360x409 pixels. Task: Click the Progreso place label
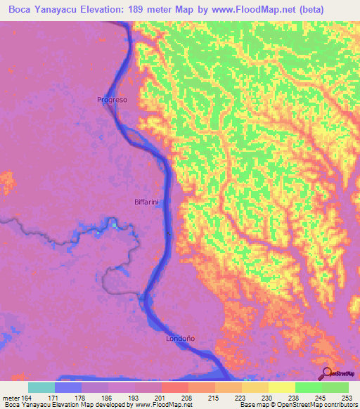[x=112, y=100]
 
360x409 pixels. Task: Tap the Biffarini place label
[x=147, y=202]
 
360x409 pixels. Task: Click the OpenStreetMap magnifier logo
[x=328, y=374]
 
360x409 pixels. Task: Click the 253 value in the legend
[x=348, y=398]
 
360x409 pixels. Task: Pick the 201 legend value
[x=161, y=398]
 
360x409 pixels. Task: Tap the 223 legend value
[x=241, y=398]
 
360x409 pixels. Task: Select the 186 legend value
[x=108, y=398]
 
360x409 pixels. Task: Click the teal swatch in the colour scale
[x=41, y=387]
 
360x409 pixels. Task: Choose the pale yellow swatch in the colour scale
[x=281, y=387]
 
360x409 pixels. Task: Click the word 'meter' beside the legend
[x=11, y=398]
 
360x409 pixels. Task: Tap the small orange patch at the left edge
[x=6, y=183]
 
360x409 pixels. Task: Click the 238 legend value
[x=295, y=398]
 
